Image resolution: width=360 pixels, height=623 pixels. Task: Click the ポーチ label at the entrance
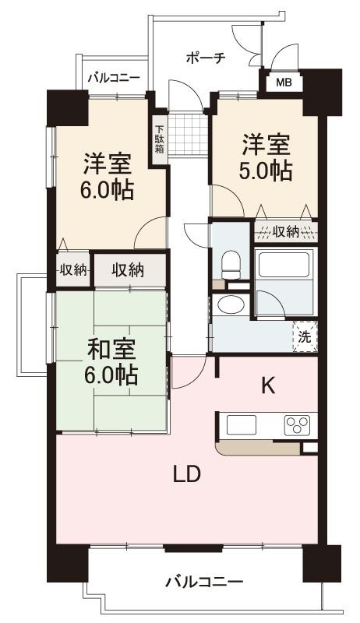206,58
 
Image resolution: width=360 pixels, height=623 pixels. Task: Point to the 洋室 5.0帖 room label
265,157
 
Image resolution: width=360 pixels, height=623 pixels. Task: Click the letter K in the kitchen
267,385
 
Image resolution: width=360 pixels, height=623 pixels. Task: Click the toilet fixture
230,266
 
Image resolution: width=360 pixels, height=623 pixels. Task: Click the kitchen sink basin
242,426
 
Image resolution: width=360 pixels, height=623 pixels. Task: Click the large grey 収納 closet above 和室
129,270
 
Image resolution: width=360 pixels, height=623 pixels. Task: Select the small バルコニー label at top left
113,77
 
